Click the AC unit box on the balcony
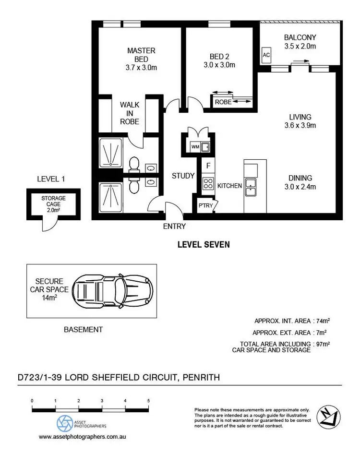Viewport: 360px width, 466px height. (266, 55)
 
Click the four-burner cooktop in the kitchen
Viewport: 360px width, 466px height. (208, 183)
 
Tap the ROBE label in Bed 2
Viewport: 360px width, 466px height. (223, 102)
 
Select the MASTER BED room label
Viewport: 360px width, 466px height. (141, 55)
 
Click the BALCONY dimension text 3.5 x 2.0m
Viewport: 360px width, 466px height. (300, 47)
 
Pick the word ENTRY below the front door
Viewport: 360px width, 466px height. (174, 226)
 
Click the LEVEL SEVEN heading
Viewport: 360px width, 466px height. (204, 244)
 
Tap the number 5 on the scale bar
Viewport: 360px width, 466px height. (148, 400)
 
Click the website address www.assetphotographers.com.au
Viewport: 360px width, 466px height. (83, 437)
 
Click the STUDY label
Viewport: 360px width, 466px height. (183, 176)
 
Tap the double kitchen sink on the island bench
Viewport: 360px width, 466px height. (250, 187)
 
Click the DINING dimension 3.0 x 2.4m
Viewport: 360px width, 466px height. (300, 187)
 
